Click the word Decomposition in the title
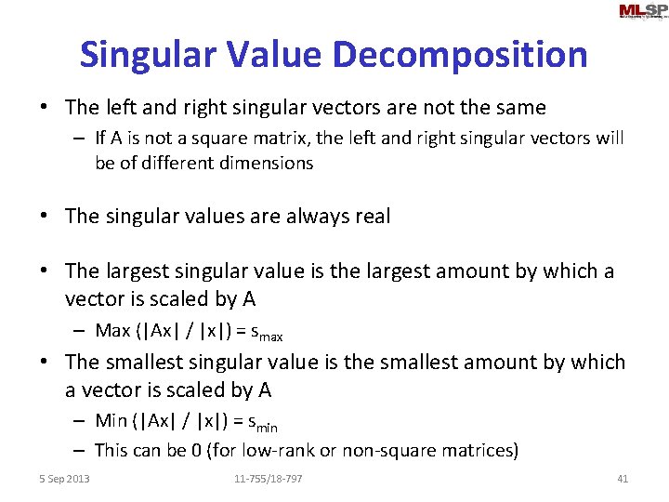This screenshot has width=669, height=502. click(x=460, y=55)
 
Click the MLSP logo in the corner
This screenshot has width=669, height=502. click(x=642, y=11)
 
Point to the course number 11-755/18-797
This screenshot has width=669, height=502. click(x=268, y=479)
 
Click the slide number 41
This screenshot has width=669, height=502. click(x=623, y=479)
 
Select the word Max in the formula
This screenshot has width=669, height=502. click(x=112, y=331)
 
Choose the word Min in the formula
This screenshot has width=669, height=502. click(x=111, y=422)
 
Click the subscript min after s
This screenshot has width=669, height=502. click(x=268, y=428)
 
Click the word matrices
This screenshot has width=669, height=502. click(x=479, y=451)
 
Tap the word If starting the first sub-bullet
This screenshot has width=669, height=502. click(x=101, y=139)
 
